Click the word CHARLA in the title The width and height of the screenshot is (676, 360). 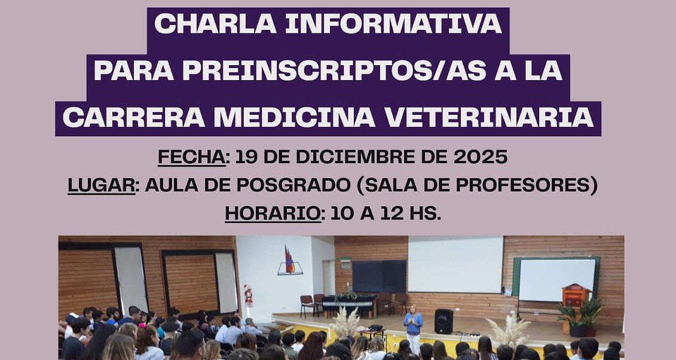pos(215,24)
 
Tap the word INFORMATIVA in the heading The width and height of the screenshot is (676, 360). pos(394,24)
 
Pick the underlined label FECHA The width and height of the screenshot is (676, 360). pos(191,157)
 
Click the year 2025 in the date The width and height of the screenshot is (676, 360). pos(481,157)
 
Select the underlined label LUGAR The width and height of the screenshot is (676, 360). pos(102,185)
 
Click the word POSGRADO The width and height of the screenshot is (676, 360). pos(293,185)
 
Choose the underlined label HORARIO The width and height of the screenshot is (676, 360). pos(273,214)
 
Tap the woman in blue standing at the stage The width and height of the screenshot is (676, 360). pos(413,327)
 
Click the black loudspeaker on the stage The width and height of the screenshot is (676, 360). pos(443,321)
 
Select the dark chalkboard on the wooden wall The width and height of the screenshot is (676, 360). pos(380,276)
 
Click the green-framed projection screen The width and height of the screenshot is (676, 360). pos(556,279)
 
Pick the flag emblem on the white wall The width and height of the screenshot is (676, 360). pos(290,260)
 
